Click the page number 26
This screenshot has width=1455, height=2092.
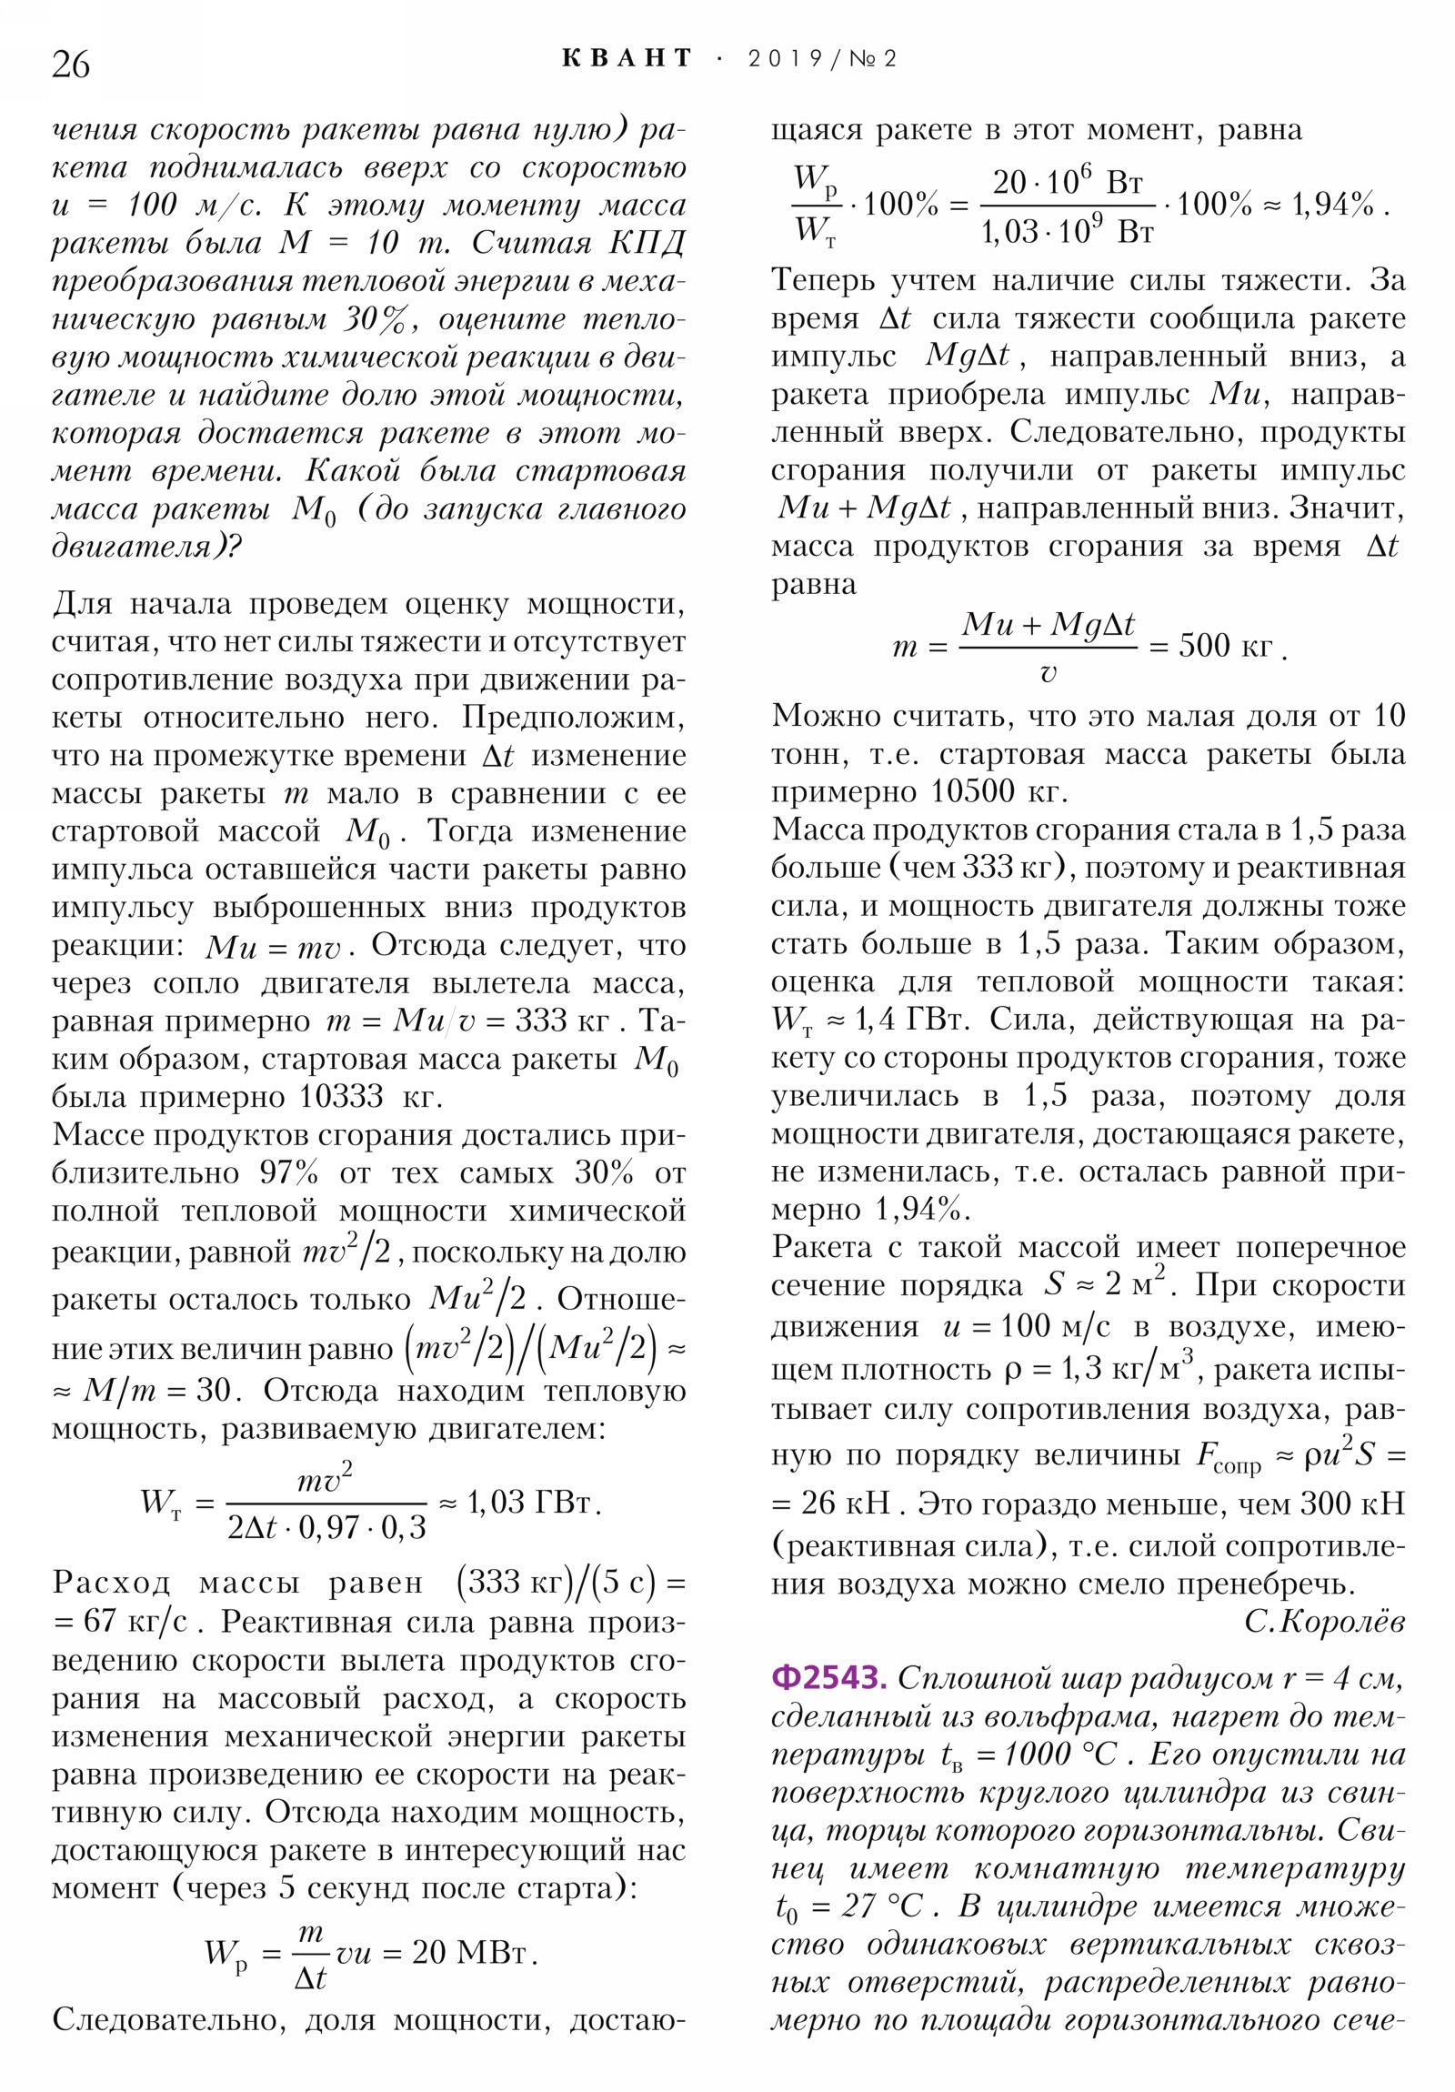(71, 65)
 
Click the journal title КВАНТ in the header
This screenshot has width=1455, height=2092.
(627, 59)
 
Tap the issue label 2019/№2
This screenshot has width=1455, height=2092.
(822, 59)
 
